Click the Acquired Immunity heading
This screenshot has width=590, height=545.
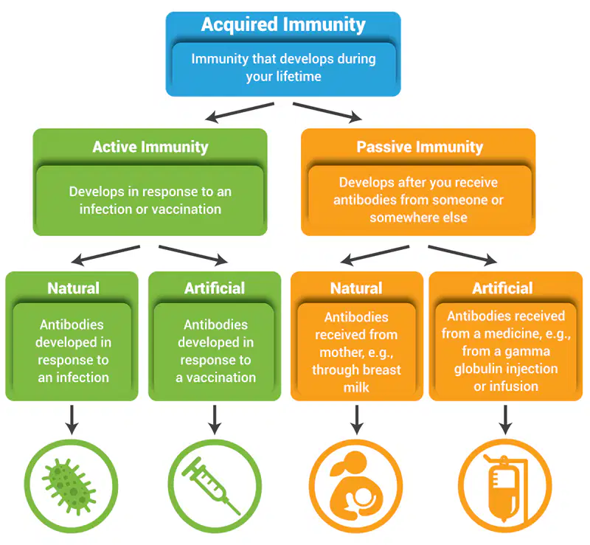tap(283, 25)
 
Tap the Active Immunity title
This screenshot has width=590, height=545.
tap(150, 147)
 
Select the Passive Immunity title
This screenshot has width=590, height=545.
tap(420, 147)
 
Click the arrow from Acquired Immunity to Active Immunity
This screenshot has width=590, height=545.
tap(240, 112)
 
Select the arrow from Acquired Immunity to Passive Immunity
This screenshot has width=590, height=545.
tap(327, 112)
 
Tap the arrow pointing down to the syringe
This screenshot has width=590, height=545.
tap(215, 420)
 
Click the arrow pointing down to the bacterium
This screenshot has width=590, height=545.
tap(72, 420)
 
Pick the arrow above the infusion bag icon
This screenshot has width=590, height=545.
tap(505, 420)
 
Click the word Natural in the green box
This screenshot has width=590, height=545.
tap(73, 288)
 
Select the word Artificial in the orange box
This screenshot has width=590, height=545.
tap(502, 288)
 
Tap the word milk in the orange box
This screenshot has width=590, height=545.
tap(356, 387)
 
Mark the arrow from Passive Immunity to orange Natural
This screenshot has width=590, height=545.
tap(375, 255)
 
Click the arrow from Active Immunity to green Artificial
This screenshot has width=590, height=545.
tap(193, 255)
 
